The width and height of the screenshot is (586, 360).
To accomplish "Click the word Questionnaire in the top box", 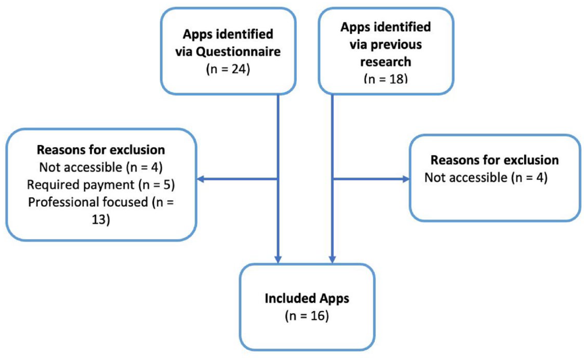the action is coord(238,52).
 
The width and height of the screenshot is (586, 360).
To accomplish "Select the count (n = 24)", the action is coord(228,69).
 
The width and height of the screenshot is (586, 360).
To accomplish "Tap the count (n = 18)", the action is coord(386,78).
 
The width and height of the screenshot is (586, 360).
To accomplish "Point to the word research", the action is coord(386,62).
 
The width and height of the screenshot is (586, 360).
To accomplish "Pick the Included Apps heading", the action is coord(307,299).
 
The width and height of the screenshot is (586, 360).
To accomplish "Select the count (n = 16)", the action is coord(307,316).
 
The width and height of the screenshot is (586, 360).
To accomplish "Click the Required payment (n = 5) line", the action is coord(101,185).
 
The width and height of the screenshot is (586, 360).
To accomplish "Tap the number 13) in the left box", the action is coord(101,219).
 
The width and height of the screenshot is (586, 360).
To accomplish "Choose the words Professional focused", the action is coord(88,202).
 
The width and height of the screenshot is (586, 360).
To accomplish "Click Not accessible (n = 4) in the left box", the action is coord(101,168).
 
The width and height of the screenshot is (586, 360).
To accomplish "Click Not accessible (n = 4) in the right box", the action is coord(486,178).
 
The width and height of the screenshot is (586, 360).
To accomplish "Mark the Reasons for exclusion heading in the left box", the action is coord(101,150).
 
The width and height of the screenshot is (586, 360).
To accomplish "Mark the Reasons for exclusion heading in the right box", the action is coord(495,160).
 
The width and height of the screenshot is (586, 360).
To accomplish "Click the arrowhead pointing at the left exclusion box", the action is coord(200,179).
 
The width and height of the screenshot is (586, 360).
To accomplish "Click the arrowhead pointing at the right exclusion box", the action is coord(406,179).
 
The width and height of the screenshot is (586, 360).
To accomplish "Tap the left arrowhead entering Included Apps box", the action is coord(278,259).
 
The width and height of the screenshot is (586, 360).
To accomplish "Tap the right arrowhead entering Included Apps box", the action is coord(332,259).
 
